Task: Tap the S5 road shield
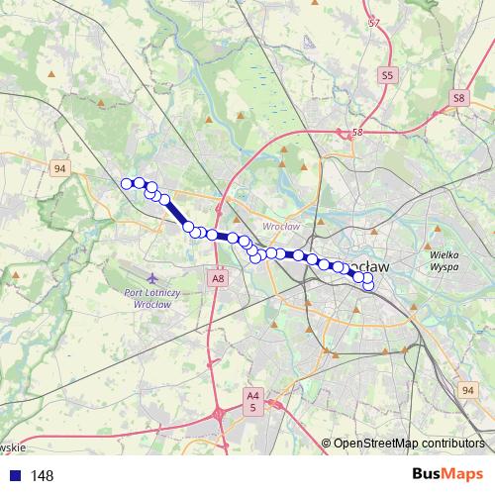[387, 74]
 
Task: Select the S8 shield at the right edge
[458, 98]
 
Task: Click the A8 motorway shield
[218, 280]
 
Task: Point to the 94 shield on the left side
[61, 169]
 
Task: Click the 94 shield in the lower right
[467, 391]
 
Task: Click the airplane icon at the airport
[149, 279]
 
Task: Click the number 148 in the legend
[42, 476]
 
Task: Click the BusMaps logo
[446, 475]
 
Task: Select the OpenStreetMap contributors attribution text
[408, 444]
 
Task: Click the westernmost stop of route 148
[127, 183]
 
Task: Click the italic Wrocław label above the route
[280, 227]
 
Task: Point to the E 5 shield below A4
[253, 407]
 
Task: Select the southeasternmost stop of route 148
[369, 287]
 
